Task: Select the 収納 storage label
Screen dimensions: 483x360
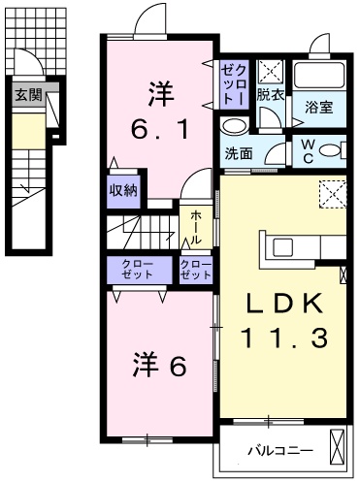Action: click(x=123, y=189)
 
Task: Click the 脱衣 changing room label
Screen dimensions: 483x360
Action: click(x=271, y=94)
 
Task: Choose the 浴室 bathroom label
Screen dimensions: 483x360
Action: click(x=320, y=107)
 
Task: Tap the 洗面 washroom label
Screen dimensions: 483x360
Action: click(x=240, y=153)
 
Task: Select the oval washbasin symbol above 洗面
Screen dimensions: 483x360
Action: click(x=234, y=127)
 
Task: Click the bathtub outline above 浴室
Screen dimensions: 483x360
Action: click(x=319, y=77)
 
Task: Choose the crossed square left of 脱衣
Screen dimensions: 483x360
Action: click(x=241, y=71)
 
